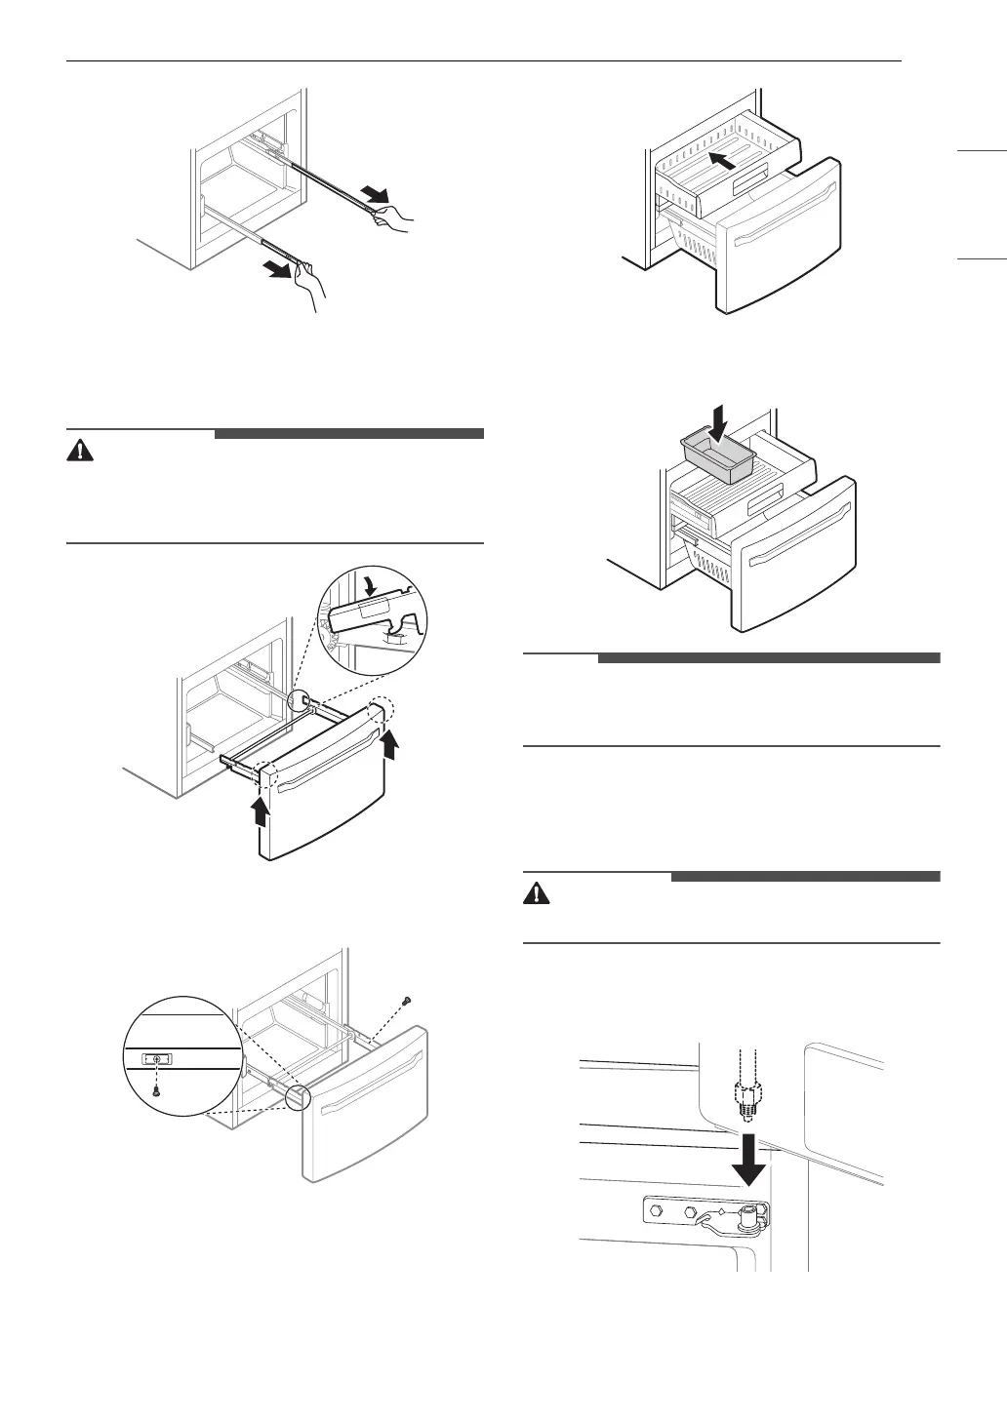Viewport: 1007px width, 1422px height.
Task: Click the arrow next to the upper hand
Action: [373, 191]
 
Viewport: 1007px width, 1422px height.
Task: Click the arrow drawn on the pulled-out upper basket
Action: [723, 160]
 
